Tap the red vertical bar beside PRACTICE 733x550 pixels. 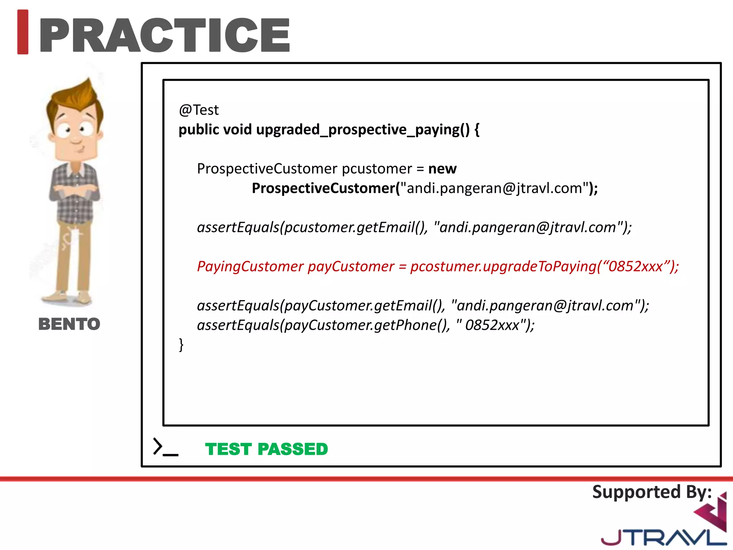click(x=23, y=32)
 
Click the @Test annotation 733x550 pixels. click(x=199, y=110)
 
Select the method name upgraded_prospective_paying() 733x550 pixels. click(x=363, y=130)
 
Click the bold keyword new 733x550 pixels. click(x=442, y=169)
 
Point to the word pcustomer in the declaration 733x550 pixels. click(x=377, y=169)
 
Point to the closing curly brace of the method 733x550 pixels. click(x=181, y=344)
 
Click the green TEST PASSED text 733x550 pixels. click(x=266, y=449)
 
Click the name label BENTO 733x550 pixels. click(x=69, y=324)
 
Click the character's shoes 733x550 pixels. click(x=66, y=297)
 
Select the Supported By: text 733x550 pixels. click(x=652, y=492)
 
